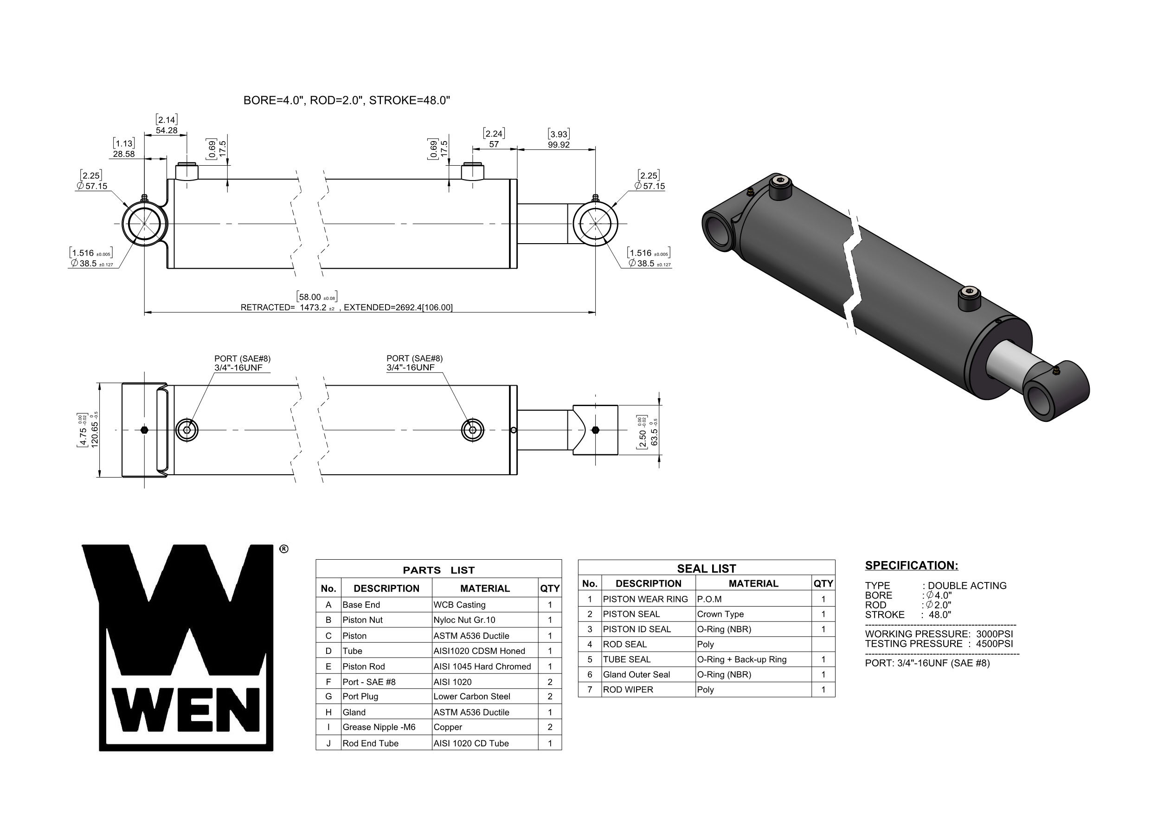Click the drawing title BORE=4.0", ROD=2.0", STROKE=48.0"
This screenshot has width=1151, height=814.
point(347,100)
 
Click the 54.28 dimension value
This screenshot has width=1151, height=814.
point(167,130)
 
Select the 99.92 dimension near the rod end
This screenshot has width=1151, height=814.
point(559,145)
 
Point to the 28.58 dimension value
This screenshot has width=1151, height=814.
point(123,154)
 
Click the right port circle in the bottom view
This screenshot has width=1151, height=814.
point(472,430)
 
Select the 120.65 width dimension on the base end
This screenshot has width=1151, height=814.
point(94,430)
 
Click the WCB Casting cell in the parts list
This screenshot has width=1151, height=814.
point(459,605)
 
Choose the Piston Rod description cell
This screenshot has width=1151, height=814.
point(363,666)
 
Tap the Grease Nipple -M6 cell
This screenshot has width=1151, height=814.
point(379,727)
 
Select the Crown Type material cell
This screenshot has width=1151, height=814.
point(720,614)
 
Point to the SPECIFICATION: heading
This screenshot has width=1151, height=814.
point(911,566)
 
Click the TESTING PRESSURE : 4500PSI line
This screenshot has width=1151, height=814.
point(939,644)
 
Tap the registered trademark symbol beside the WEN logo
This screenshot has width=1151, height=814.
point(284,549)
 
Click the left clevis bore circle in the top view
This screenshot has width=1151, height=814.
point(145,224)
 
